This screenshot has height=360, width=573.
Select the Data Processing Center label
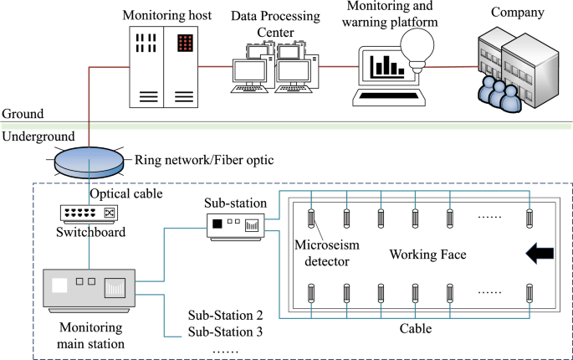click(274, 23)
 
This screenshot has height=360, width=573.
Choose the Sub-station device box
click(236, 224)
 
